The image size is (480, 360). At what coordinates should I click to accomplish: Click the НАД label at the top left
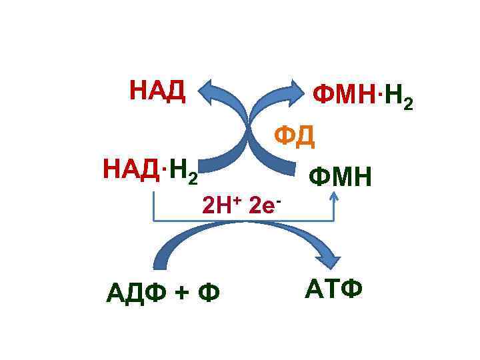click(157, 90)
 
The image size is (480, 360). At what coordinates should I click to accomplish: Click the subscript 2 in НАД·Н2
click(193, 179)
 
